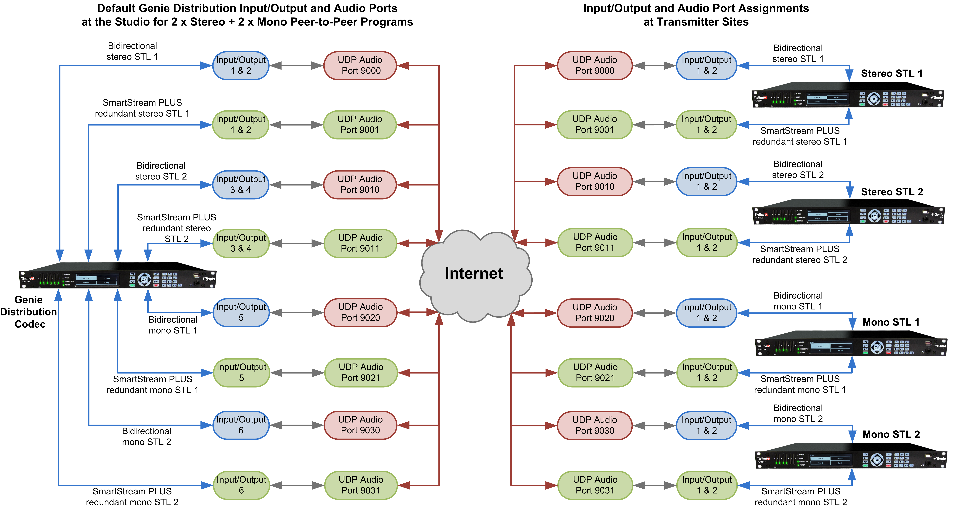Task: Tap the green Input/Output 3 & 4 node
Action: (241, 243)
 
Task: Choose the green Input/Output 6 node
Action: (241, 485)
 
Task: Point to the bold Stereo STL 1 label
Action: (891, 73)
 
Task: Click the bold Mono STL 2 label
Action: (891, 434)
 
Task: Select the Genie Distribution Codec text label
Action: (29, 312)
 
